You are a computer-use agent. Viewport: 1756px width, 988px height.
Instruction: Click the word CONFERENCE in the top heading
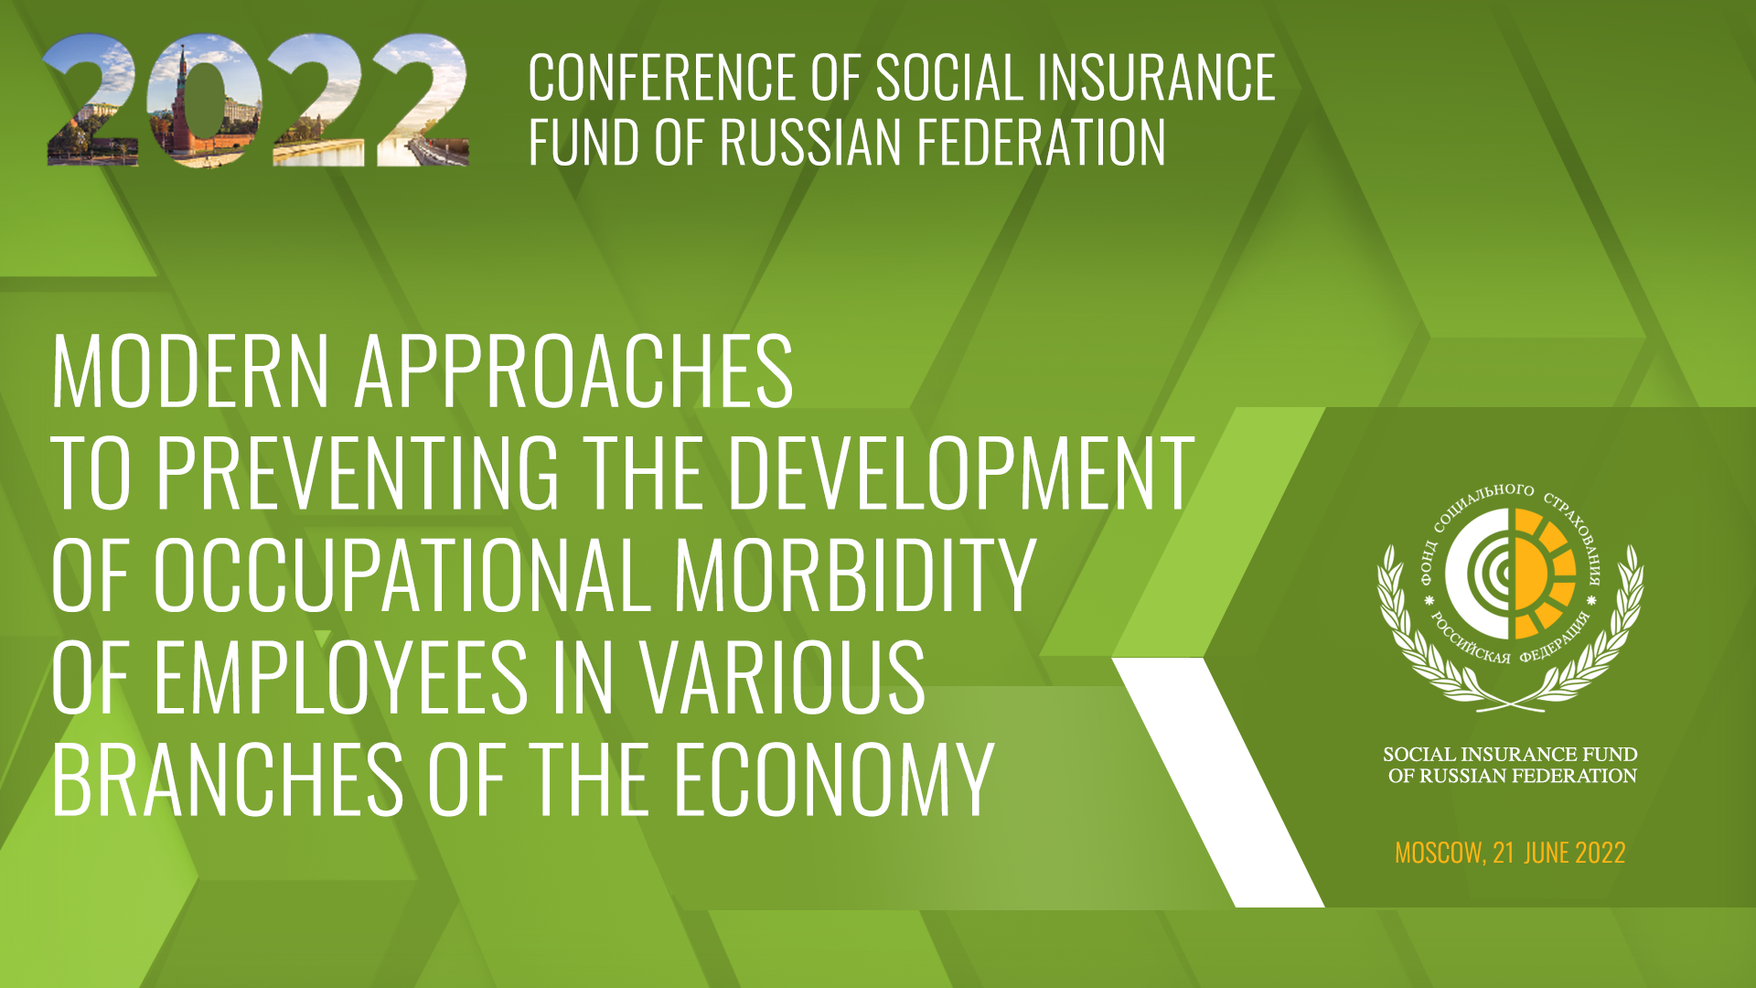click(x=662, y=78)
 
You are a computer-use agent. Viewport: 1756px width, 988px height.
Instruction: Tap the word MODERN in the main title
click(x=190, y=370)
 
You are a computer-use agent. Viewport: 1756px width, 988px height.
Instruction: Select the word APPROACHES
click(x=573, y=370)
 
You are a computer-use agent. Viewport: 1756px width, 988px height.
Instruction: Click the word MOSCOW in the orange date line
click(x=1439, y=853)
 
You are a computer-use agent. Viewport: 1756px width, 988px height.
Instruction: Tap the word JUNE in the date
click(x=1546, y=853)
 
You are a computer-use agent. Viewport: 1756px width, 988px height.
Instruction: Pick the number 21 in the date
click(x=1504, y=853)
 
